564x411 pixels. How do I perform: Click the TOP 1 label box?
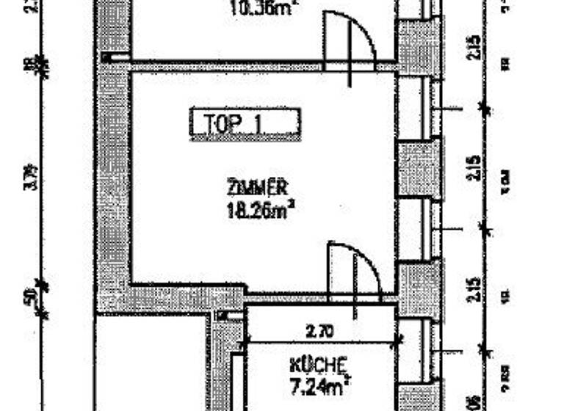tap(245, 123)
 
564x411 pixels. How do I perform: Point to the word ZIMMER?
tap(256, 186)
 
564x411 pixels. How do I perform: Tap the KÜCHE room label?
tap(318, 364)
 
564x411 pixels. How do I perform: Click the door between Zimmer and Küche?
tap(354, 272)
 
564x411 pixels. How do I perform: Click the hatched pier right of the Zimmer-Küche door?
tap(419, 289)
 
